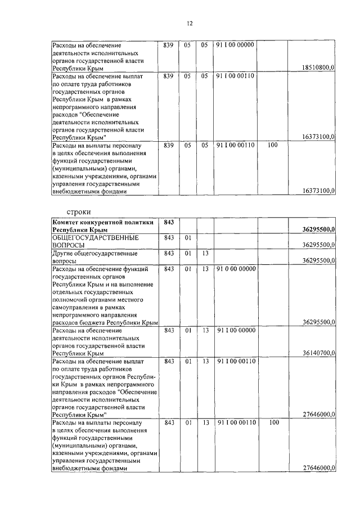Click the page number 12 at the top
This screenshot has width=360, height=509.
[189, 23]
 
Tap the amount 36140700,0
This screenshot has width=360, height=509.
[318, 353]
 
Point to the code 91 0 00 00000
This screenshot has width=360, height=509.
[236, 269]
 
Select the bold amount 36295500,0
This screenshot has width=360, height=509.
[318, 230]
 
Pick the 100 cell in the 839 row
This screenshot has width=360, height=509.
[273, 145]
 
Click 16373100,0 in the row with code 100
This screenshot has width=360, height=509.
[318, 191]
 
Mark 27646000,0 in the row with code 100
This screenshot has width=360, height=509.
[318, 468]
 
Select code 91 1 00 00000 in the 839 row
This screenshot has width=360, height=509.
[236, 44]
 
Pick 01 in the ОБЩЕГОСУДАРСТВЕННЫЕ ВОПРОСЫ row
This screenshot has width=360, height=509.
[187, 238]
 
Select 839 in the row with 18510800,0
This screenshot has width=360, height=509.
[168, 44]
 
